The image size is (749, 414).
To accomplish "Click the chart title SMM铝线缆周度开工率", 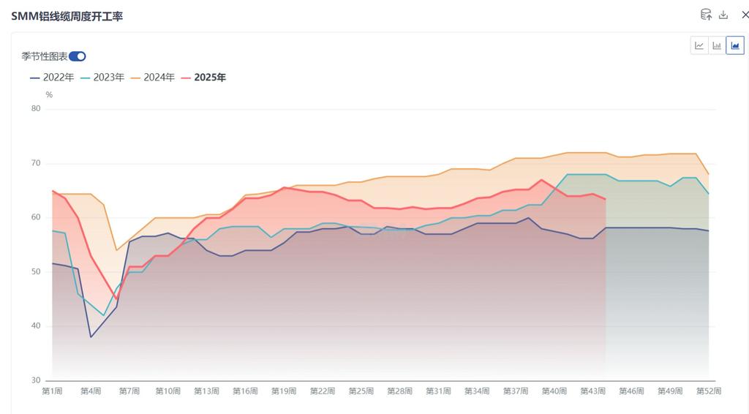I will pyautogui.click(x=67, y=16).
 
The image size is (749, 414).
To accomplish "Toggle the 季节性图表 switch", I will pyautogui.click(x=78, y=56).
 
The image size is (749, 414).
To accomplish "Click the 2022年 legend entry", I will pyautogui.click(x=52, y=77).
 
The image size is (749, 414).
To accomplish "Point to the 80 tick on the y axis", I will pyautogui.click(x=36, y=109).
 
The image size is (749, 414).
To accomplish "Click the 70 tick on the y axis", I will pyautogui.click(x=36, y=163).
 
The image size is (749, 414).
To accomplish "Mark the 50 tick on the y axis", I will pyautogui.click(x=36, y=272).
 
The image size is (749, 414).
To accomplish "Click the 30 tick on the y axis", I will pyautogui.click(x=36, y=380).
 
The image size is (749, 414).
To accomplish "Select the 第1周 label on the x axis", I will pyautogui.click(x=52, y=391).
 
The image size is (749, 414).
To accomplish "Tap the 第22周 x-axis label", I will pyautogui.click(x=323, y=391).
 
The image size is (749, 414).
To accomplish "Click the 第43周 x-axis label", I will pyautogui.click(x=593, y=391).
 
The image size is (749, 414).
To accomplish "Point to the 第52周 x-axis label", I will pyautogui.click(x=708, y=391).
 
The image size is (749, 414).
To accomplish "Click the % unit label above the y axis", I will pyautogui.click(x=49, y=94).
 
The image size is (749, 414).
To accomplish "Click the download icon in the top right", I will pyautogui.click(x=723, y=15).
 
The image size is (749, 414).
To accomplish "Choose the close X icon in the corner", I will pyautogui.click(x=745, y=15).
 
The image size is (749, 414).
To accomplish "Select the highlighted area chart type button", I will pyautogui.click(x=734, y=45).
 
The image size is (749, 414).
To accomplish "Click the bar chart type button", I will pyautogui.click(x=717, y=45).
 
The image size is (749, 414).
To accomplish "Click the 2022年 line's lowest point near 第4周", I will pyautogui.click(x=91, y=336).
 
